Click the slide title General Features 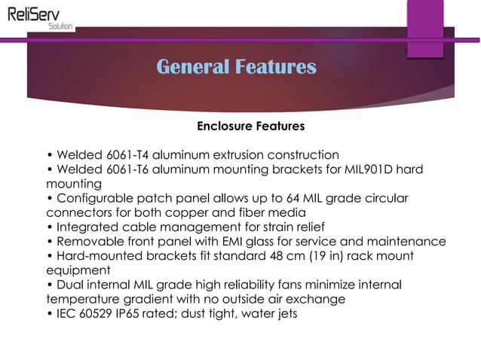click(x=236, y=67)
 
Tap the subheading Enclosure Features click(x=250, y=125)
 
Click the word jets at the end click(x=284, y=313)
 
